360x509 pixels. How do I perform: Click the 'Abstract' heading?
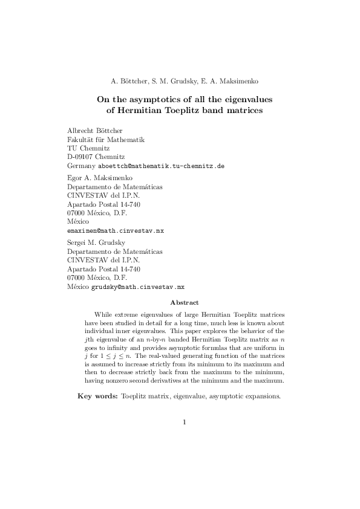point(185,302)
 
